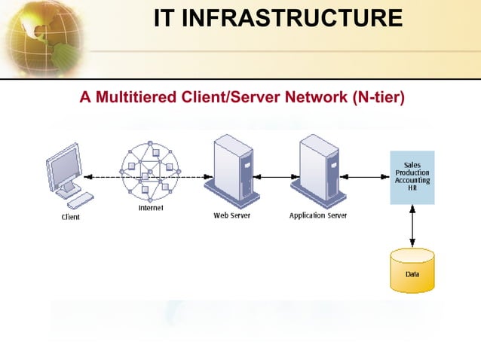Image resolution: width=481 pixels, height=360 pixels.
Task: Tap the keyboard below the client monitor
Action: click(80, 200)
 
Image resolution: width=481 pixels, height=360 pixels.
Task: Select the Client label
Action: click(70, 218)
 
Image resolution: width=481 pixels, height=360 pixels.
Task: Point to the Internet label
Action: click(151, 209)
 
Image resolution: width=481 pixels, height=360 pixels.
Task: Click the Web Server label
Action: click(232, 215)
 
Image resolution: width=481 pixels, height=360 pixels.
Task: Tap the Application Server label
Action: click(318, 215)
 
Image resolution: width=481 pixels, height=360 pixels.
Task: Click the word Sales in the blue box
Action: click(412, 164)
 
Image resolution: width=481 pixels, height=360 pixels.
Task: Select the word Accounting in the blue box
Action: click(412, 181)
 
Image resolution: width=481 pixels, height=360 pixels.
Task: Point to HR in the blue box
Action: click(412, 188)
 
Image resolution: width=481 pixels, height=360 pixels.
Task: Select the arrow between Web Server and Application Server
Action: click(274, 178)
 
